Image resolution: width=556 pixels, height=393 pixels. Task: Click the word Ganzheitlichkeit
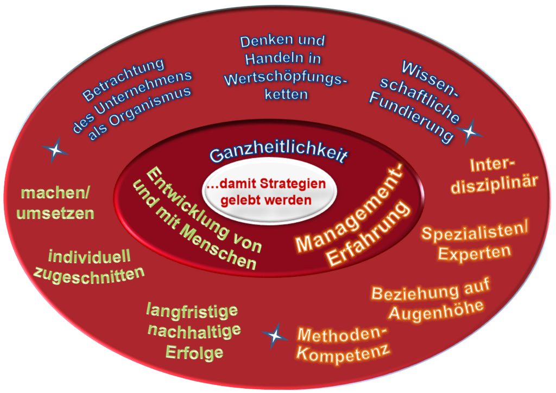[278, 152]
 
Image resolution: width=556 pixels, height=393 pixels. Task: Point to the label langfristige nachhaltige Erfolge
[193, 331]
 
